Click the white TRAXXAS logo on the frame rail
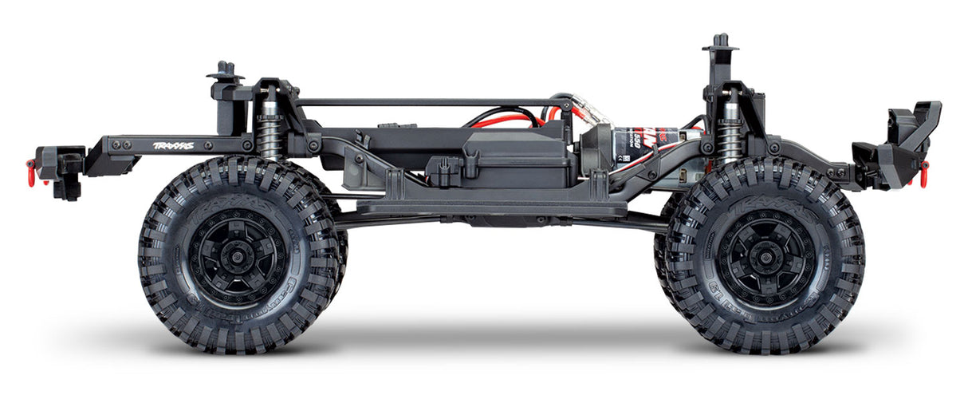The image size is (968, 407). pyautogui.click(x=172, y=146)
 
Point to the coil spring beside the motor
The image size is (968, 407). pyautogui.click(x=728, y=140)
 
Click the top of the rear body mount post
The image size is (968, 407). pyautogui.click(x=225, y=67)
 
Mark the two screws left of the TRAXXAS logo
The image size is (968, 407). pyautogui.click(x=122, y=145)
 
